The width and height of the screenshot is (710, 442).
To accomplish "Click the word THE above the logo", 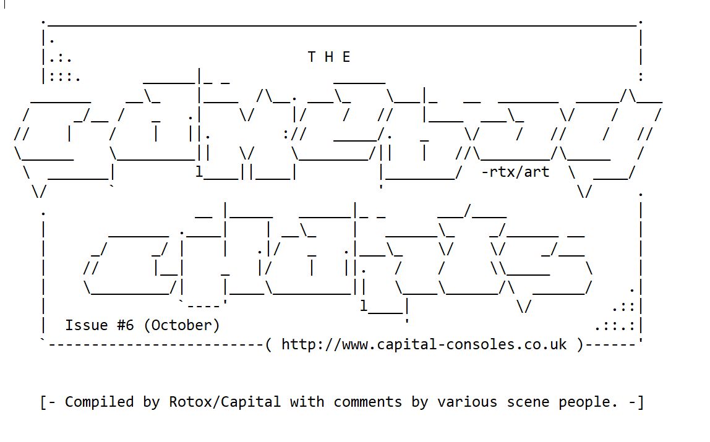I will tap(329, 57).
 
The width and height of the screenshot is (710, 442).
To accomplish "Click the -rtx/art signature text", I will tap(515, 172).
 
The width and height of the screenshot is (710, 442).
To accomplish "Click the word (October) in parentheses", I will tap(181, 325).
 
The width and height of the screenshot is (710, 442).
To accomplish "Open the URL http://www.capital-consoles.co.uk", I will tap(424, 344).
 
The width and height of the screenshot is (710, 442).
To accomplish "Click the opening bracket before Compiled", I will tap(45, 402).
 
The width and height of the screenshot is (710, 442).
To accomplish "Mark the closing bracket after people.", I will tap(640, 402).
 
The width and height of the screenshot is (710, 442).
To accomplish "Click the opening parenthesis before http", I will tap(268, 344).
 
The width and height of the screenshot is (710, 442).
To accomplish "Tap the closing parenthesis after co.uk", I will tap(580, 344).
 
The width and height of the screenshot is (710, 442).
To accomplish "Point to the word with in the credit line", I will tap(307, 402).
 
